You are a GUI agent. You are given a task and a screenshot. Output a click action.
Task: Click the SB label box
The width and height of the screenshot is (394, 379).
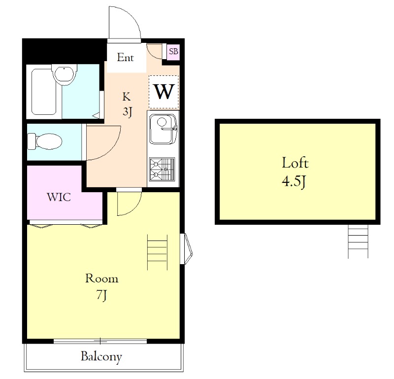point(173,52)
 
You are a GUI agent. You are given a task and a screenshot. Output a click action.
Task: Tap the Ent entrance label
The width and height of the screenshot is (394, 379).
point(125,57)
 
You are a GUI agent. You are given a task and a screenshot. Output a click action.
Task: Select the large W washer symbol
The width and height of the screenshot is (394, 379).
point(164,92)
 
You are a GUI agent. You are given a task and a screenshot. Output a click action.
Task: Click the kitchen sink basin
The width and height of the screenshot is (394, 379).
point(163,129)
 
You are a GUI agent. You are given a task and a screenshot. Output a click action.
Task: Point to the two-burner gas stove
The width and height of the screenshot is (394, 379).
point(162,169)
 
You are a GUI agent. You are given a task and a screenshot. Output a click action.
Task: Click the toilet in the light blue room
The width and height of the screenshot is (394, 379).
point(44,141)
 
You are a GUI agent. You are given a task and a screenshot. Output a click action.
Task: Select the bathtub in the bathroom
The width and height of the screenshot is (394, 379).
point(44,92)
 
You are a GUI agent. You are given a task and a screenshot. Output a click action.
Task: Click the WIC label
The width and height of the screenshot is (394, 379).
point(59,197)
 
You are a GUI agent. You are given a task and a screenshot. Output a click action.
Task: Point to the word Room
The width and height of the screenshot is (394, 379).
point(102,278)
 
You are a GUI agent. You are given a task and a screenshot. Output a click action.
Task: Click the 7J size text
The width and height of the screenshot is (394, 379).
point(102,295)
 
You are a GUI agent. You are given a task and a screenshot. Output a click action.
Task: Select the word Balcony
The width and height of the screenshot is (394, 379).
point(101,357)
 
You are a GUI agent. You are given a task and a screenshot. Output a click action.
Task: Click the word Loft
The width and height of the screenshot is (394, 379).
point(295,163)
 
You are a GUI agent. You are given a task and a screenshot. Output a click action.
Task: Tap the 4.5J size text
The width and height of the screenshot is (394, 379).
point(294,181)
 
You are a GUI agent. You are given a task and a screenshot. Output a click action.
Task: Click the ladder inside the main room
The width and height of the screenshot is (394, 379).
point(157,252)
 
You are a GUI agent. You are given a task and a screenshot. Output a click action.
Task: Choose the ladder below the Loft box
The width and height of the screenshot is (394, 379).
point(358,241)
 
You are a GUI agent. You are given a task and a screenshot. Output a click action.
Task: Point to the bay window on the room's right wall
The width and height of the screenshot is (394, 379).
point(187,249)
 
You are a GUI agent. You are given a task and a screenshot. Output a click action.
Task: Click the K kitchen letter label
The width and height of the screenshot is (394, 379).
point(127,97)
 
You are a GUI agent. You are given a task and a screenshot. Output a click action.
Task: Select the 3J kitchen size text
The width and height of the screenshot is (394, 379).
point(128,111)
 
